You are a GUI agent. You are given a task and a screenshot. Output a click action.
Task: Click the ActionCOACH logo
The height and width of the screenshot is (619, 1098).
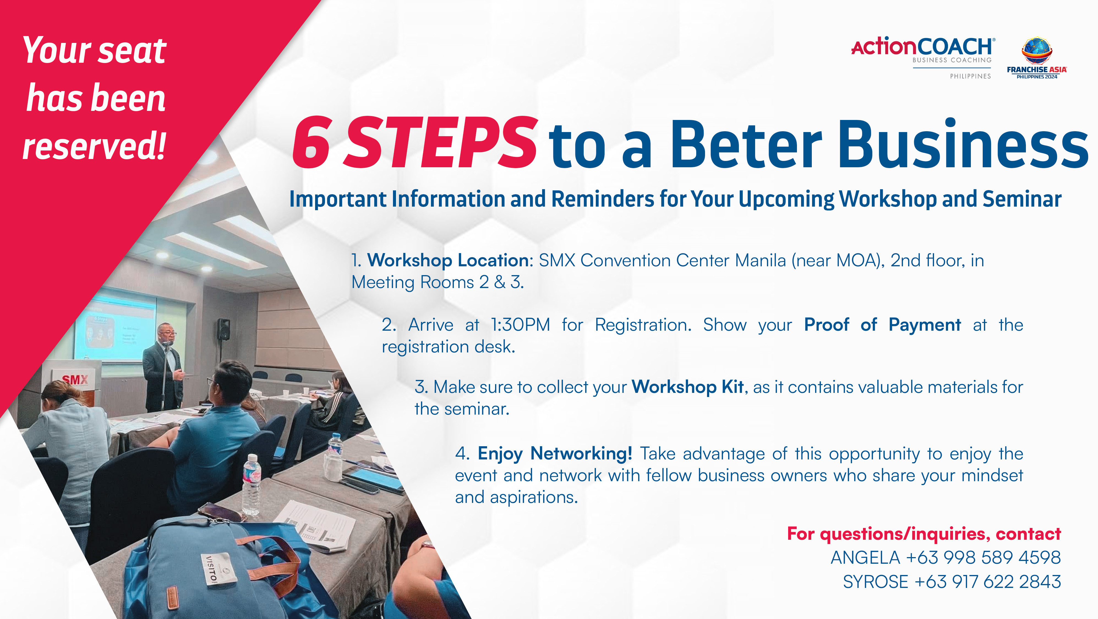[923, 57]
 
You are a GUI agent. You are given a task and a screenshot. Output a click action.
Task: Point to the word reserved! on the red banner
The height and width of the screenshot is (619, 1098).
[94, 146]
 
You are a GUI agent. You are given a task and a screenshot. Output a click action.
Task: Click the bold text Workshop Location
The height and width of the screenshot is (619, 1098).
[448, 260]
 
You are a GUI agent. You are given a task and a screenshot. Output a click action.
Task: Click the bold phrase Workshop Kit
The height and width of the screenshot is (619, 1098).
[687, 387]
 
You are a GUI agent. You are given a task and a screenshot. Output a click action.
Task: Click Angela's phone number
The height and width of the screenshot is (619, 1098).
[983, 558]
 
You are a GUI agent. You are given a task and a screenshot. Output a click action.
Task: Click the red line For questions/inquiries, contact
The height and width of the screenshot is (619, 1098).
[924, 534]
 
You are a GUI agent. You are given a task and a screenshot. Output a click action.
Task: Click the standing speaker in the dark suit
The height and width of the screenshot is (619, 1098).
[164, 367]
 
